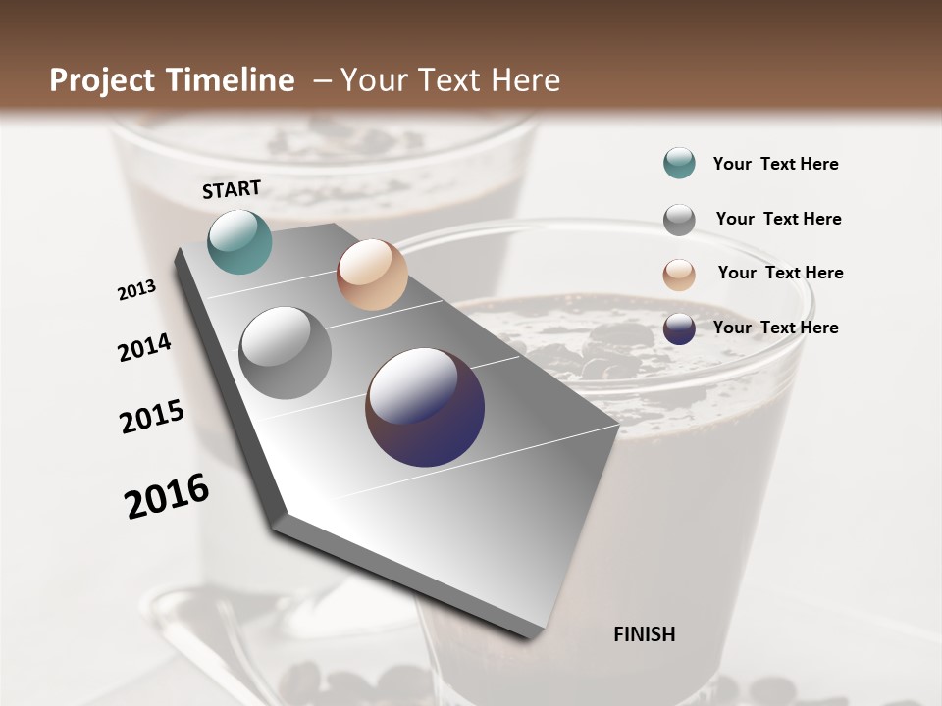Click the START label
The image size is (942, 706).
click(232, 189)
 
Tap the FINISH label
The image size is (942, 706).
click(644, 634)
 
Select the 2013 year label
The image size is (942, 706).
click(136, 289)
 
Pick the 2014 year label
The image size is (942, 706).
click(144, 347)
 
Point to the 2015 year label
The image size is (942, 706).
click(151, 417)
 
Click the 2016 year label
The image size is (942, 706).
click(167, 496)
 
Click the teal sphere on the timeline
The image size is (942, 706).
click(239, 241)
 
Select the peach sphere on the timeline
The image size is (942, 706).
click(372, 275)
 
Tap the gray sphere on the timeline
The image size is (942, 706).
click(285, 353)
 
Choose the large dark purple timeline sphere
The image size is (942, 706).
click(425, 407)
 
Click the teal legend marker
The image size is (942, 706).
click(679, 163)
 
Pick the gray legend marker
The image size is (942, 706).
click(679, 220)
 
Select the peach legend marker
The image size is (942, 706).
click(679, 275)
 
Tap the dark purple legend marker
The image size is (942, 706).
click(679, 329)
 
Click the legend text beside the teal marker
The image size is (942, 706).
click(775, 164)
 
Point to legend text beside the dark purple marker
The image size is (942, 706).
click(775, 328)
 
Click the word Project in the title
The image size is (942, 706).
click(101, 80)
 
